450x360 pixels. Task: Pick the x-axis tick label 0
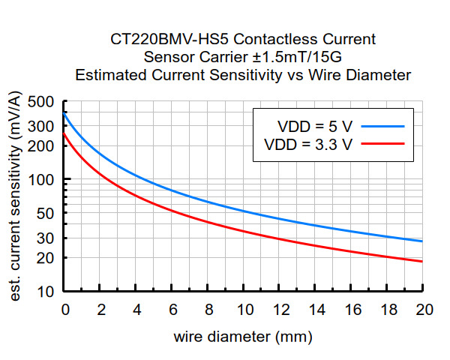65,309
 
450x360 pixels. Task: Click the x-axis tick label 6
173,309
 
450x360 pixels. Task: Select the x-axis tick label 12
280,309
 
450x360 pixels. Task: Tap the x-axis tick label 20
424,309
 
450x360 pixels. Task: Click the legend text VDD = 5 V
308,125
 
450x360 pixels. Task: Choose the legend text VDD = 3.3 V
308,143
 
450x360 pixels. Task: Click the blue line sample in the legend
382,125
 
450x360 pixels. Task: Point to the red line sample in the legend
382,143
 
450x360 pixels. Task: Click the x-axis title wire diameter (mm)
243,337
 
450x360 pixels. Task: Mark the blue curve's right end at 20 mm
423,241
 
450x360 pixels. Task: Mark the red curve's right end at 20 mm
423,261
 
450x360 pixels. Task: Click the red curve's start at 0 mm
65,134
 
